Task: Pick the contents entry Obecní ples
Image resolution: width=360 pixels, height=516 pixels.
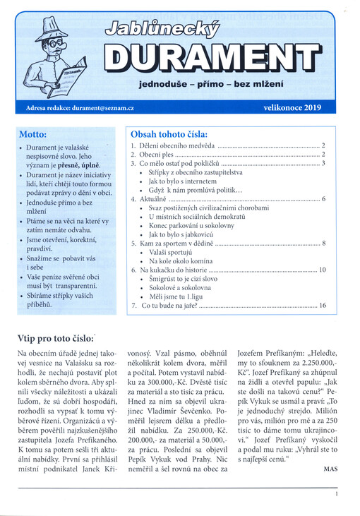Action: click(155, 154)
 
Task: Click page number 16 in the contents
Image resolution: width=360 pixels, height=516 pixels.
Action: click(321, 306)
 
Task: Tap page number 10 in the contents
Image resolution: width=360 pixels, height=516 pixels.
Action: click(321, 270)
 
